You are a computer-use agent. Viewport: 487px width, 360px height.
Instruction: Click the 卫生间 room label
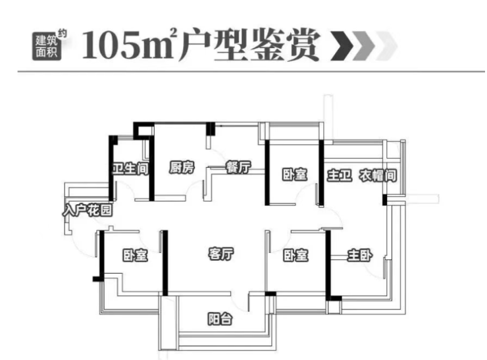pos(130,168)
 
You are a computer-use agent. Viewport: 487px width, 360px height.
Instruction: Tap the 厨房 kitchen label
pos(182,167)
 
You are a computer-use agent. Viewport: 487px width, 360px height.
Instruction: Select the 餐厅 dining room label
pos(238,167)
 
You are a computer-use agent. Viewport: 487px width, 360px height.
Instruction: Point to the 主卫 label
pos(340,176)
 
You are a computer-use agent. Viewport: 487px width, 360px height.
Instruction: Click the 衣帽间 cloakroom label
pos(378,176)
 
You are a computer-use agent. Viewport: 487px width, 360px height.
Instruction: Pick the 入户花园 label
pos(88,210)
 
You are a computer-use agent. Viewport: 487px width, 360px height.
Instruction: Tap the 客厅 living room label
pos(221,253)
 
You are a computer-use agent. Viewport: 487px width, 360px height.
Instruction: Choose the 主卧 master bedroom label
pos(360,255)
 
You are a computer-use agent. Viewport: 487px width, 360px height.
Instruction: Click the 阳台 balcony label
pos(220,319)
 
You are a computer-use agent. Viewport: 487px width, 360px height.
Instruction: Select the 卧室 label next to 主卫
pos(295,174)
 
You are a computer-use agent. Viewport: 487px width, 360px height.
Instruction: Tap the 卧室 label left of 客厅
pos(135,255)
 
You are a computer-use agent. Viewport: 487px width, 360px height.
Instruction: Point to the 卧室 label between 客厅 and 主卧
pos(295,255)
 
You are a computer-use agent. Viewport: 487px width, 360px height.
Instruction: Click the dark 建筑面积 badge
pos(47,46)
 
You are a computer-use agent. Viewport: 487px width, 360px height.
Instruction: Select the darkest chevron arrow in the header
pos(342,46)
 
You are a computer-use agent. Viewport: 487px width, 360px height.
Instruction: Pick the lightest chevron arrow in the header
pos(386,46)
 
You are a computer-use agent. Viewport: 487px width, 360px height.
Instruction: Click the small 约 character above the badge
pos(62,33)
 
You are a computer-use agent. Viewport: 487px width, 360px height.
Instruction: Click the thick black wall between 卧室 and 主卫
pos(321,173)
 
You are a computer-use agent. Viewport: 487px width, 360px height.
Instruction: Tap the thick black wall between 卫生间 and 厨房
pos(151,168)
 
